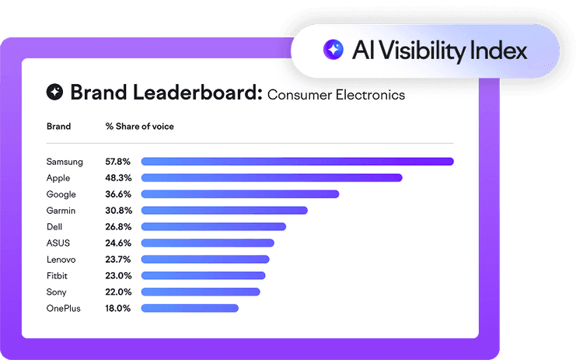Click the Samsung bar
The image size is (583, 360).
pos(297,162)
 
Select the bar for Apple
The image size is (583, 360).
pos(271,178)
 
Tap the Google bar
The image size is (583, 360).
pos(239,194)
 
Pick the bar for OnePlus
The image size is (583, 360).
pos(190,308)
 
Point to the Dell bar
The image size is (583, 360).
pos(213,227)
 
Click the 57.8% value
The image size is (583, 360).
pos(118,162)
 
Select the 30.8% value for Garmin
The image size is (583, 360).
pos(118,211)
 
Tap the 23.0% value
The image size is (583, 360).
pos(118,275)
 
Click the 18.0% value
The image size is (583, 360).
pos(118,308)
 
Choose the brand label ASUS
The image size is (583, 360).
pos(58,243)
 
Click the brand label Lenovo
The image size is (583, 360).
pos(61,260)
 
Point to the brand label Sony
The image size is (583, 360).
pos(57,292)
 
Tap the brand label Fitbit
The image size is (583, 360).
pos(58,275)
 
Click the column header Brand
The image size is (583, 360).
pos(58,127)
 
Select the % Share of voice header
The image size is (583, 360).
pos(140,127)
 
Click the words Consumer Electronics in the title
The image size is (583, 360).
pos(336,96)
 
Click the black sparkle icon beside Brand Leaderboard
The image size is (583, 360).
pos(55,93)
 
